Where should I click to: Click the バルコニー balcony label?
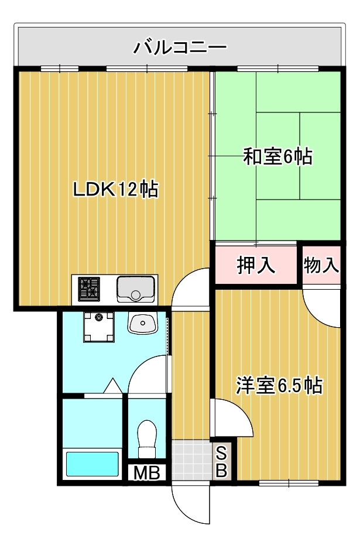pos(180,47)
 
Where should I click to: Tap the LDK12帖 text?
pos(115,190)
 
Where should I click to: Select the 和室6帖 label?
pos(277,156)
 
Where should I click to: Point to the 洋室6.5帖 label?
pos(279,386)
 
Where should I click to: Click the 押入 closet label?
pos(256,265)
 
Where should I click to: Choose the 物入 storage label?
pos(321,265)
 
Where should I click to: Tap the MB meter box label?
pos(147,473)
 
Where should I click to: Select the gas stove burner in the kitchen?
pos(89,289)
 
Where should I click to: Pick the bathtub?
pos(92,464)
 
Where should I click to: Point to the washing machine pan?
pos(99,327)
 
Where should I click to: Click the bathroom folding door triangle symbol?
pos(113,386)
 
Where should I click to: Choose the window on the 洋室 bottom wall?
pos(289,483)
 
